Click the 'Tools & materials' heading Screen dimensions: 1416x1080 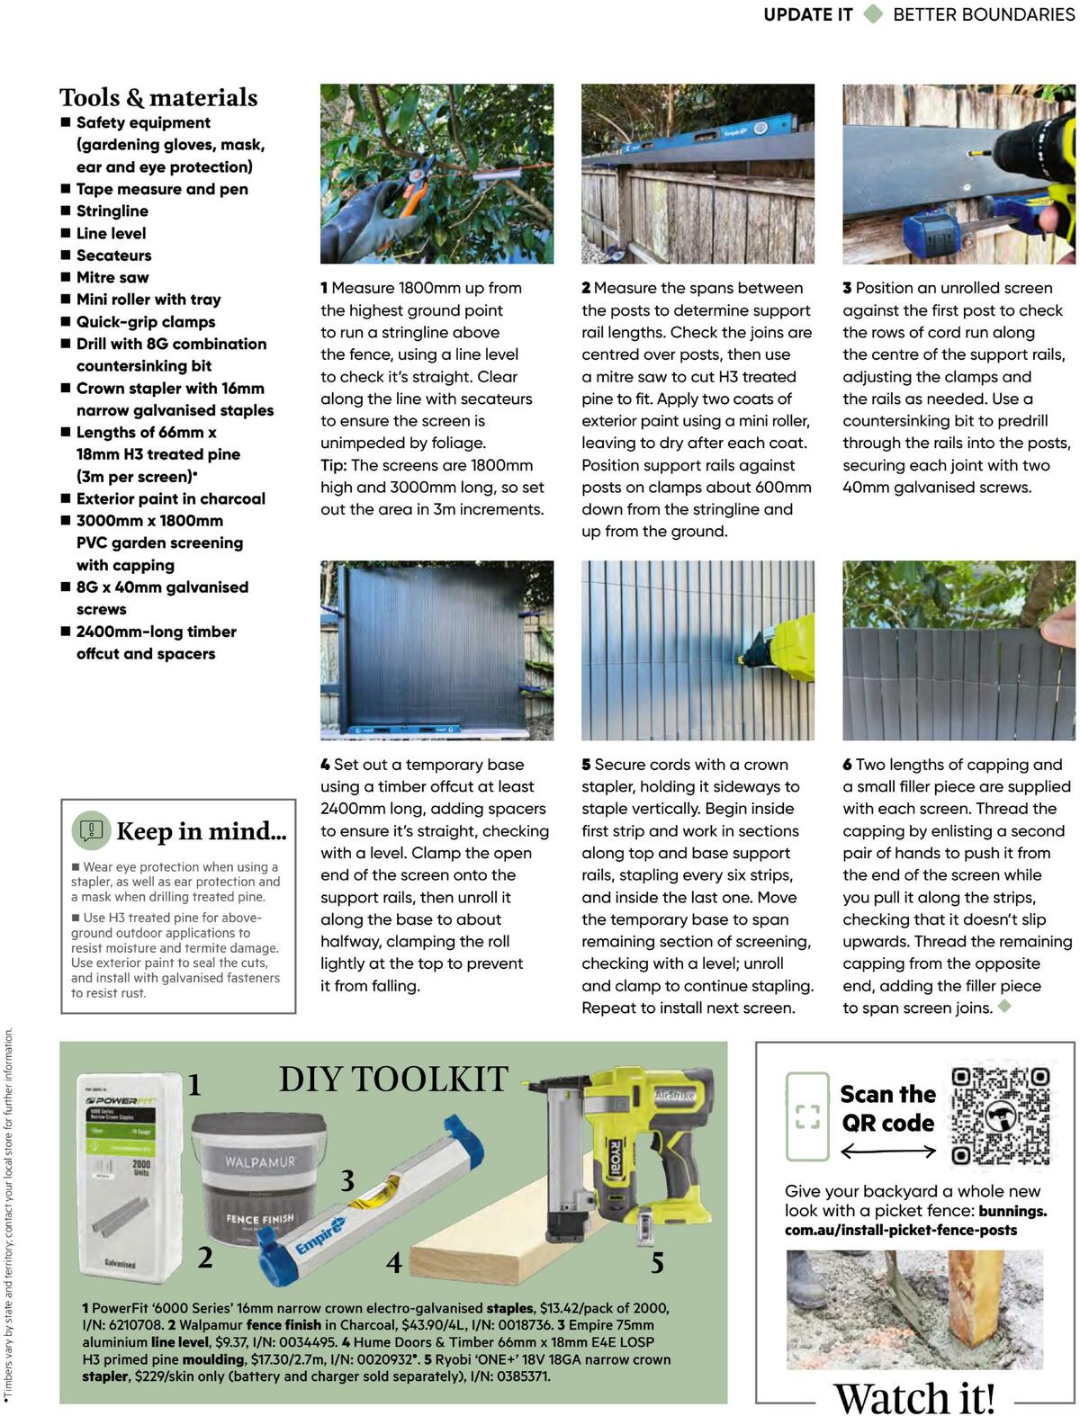pyautogui.click(x=158, y=97)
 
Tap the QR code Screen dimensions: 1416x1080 pyautogui.click(x=1001, y=1116)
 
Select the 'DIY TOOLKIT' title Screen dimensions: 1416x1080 pyautogui.click(x=393, y=1079)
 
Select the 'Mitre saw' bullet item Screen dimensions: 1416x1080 pyautogui.click(x=112, y=277)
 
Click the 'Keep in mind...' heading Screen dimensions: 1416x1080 pyautogui.click(x=202, y=831)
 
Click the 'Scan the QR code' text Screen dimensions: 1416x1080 pyautogui.click(x=887, y=1108)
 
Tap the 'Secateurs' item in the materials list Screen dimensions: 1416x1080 pyautogui.click(x=113, y=255)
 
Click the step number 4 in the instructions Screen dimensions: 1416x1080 pyautogui.click(x=325, y=765)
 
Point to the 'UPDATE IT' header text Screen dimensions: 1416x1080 pyautogui.click(x=807, y=14)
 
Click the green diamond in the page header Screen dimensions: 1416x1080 pyautogui.click(x=873, y=14)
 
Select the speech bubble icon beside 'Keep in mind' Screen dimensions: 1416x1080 pyautogui.click(x=91, y=829)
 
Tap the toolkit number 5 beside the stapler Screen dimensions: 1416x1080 pyautogui.click(x=657, y=1263)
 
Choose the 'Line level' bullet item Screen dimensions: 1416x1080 pyautogui.click(x=111, y=233)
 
